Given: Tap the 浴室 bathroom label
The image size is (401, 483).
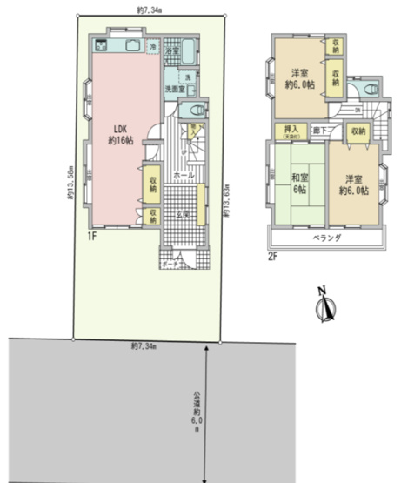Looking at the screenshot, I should [x=171, y=51].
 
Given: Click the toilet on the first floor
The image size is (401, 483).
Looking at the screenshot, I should [x=193, y=111].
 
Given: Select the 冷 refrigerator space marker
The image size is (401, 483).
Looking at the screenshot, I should [x=153, y=45].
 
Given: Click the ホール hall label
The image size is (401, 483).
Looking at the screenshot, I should [x=184, y=176].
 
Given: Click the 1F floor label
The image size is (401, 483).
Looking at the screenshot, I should [x=91, y=235].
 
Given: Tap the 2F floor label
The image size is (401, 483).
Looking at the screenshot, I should [x=272, y=256].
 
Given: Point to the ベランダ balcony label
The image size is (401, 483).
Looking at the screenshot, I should [x=325, y=237].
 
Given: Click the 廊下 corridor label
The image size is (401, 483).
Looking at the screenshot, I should [x=320, y=131].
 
